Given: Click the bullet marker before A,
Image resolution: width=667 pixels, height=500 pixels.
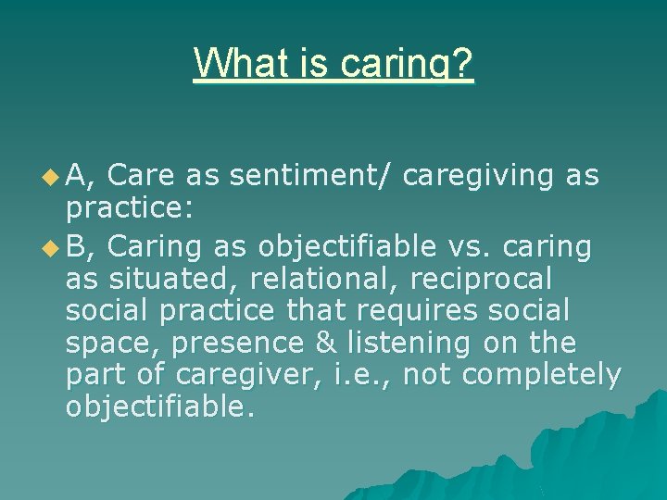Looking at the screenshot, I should (50, 176).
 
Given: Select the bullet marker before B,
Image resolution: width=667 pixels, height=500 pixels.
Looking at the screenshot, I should (50, 247).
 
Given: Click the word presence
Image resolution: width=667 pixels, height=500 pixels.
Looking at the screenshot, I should (238, 343).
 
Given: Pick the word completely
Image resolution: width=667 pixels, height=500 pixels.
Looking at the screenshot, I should (542, 374).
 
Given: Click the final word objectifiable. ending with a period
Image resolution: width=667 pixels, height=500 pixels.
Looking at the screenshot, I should (160, 406).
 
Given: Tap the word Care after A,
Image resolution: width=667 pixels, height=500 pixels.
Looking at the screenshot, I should (148, 175).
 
